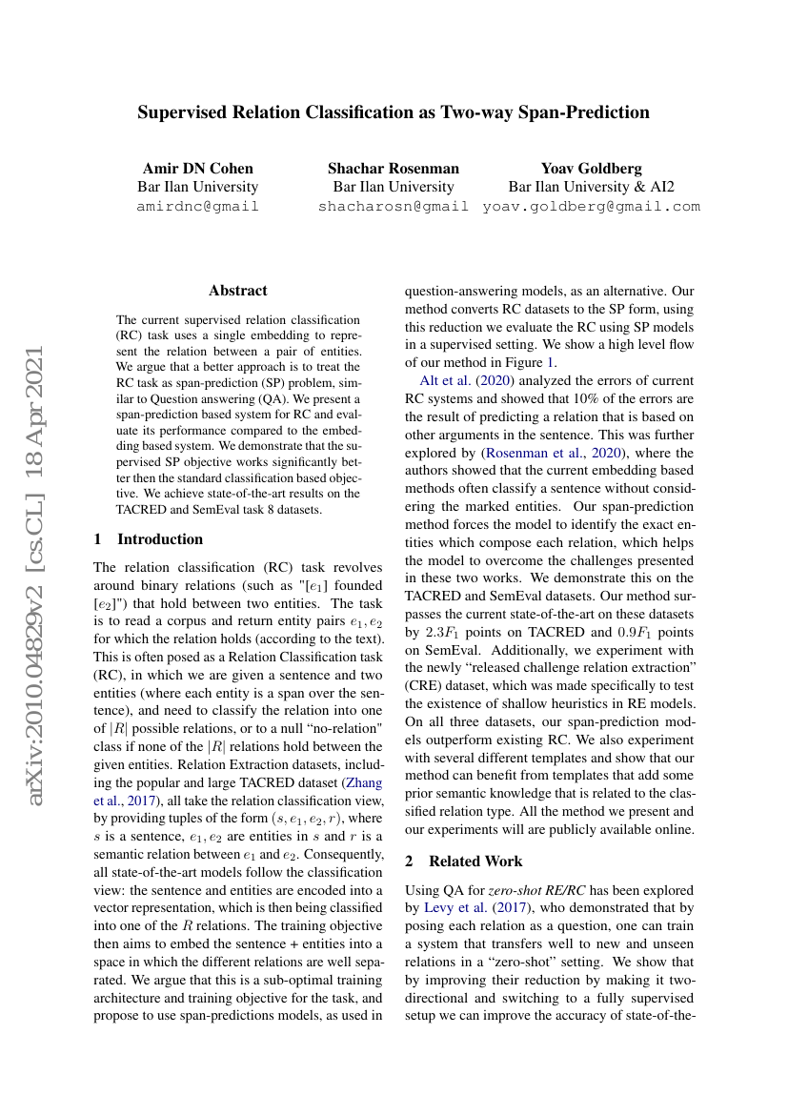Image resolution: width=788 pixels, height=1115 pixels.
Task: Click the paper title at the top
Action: click(394, 112)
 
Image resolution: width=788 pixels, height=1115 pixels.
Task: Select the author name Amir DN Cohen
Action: click(198, 169)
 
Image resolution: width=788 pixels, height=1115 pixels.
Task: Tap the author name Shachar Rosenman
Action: click(394, 169)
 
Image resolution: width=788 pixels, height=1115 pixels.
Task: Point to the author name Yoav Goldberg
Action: click(592, 169)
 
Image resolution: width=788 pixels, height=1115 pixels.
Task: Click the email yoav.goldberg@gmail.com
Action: click(592, 206)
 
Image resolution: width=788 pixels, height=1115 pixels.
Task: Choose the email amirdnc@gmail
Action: click(198, 206)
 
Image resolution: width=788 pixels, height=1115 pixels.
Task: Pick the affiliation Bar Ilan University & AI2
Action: click(592, 187)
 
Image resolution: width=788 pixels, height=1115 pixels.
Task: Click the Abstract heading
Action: click(238, 291)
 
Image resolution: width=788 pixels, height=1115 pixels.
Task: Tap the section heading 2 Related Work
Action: click(464, 862)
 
